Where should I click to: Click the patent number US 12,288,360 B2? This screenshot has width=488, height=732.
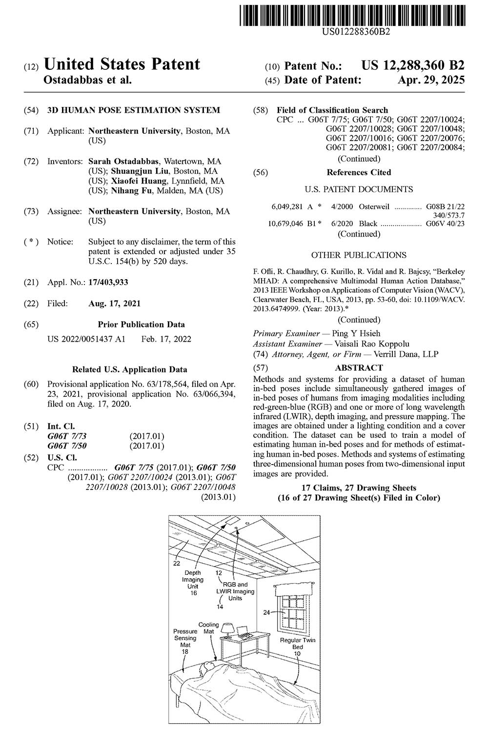[413, 66]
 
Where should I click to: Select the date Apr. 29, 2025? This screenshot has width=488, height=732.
[431, 80]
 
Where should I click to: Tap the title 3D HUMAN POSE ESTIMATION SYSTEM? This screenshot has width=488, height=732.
[133, 110]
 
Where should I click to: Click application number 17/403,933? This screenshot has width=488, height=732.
[108, 282]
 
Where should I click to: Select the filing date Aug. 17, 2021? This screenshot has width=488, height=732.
[115, 304]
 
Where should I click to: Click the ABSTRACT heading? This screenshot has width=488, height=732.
[359, 367]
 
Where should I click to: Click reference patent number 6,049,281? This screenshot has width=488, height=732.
[286, 206]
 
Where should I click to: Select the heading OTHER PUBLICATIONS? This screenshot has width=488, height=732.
[359, 255]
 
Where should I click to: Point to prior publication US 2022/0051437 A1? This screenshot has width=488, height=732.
[86, 339]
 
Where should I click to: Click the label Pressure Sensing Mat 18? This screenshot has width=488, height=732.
[185, 641]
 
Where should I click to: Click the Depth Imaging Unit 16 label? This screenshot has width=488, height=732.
[193, 583]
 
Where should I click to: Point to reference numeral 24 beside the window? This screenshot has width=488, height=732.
[266, 612]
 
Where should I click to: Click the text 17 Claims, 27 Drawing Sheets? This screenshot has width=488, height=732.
[359, 488]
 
